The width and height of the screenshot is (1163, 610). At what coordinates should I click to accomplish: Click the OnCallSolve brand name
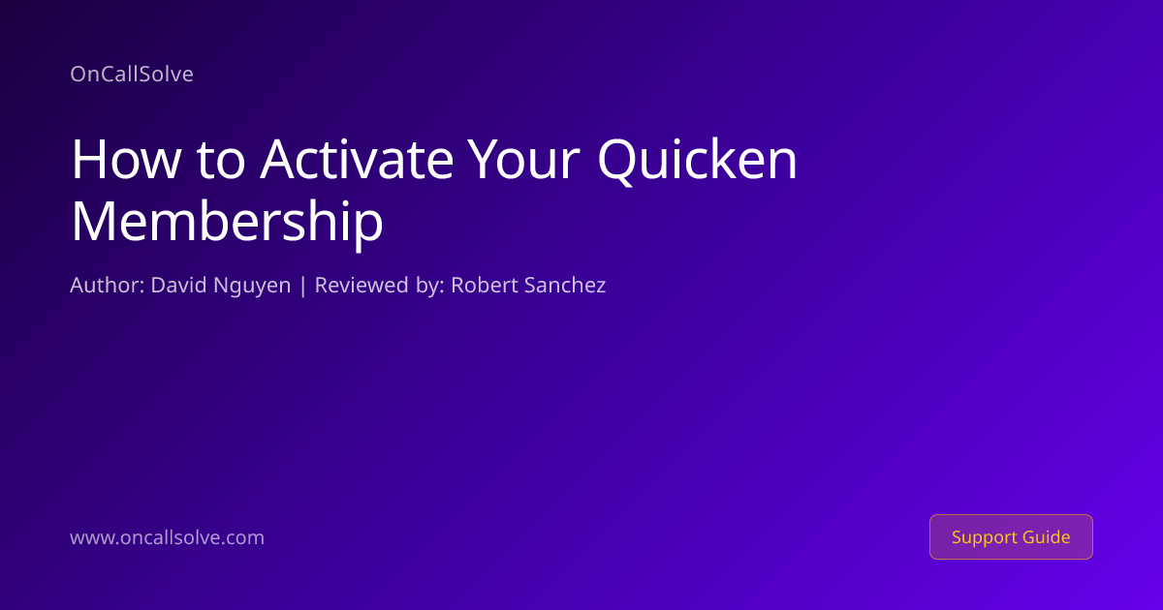132,75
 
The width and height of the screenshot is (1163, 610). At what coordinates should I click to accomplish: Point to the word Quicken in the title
697,161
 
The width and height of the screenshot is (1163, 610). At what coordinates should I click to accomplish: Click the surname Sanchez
565,286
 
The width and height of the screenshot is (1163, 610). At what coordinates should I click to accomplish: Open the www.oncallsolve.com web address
167,537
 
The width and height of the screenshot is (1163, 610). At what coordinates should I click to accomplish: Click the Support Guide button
1011,536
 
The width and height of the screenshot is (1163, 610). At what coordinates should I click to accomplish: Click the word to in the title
221,162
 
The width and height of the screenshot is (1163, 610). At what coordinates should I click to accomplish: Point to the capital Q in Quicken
615,161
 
